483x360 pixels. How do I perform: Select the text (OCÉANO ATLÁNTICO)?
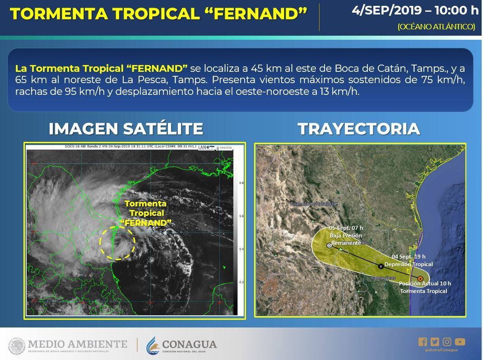click(436, 27)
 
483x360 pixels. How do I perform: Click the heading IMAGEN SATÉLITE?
click(125, 129)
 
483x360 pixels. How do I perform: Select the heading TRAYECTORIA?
click(359, 129)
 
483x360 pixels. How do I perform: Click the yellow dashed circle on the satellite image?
click(117, 243)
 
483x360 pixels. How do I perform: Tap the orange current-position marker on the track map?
click(420, 279)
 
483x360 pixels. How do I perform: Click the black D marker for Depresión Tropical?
click(381, 266)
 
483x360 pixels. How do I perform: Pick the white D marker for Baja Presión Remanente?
click(329, 245)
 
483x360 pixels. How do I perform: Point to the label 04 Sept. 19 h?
click(408, 257)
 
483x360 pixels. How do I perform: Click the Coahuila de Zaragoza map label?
click(313, 204)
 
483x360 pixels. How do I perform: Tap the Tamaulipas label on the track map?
click(383, 277)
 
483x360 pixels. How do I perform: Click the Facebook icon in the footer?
click(423, 342)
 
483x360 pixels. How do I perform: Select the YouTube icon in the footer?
click(460, 342)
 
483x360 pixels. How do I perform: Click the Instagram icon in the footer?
click(447, 342)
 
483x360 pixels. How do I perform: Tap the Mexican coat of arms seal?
click(17, 346)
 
